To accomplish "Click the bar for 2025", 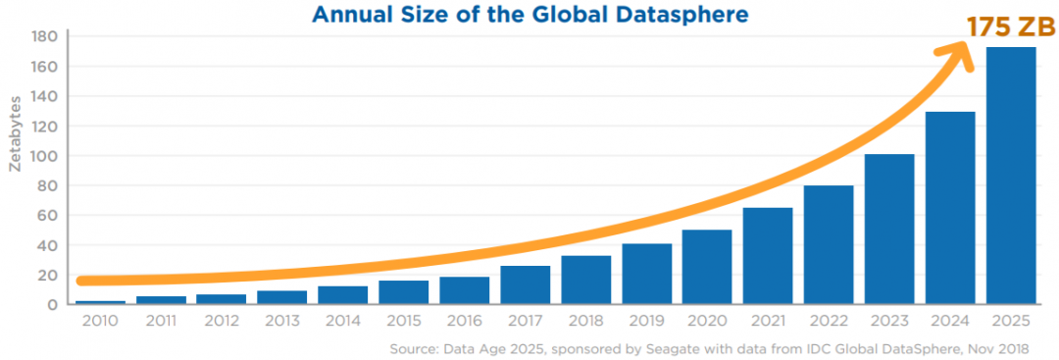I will click(x=1011, y=177).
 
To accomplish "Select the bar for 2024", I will click(x=950, y=208).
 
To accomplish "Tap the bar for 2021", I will click(x=768, y=256).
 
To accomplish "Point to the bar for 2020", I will click(x=707, y=267).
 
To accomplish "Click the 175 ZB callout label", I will click(x=1010, y=27).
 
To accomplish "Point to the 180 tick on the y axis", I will click(x=43, y=37).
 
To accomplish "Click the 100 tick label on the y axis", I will click(x=43, y=156).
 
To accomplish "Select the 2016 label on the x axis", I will click(x=464, y=321).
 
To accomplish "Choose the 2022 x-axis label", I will click(x=829, y=321).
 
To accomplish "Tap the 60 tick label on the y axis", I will click(x=46, y=215).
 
